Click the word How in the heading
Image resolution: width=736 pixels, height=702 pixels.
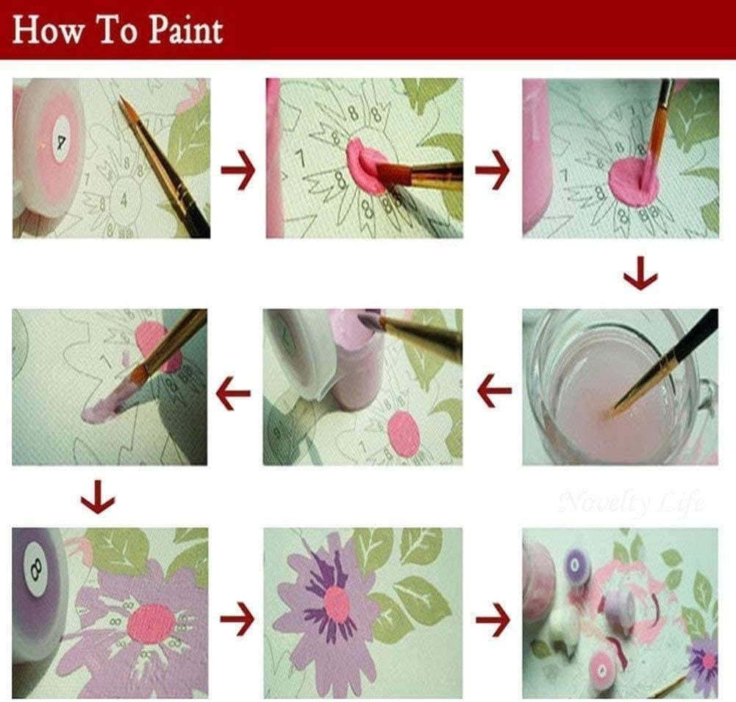[x=46, y=32]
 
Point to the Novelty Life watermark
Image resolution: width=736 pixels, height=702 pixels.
[x=631, y=503]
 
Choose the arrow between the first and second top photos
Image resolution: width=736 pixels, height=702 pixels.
[x=237, y=172]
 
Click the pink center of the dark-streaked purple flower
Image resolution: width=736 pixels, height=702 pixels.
[x=337, y=604]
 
